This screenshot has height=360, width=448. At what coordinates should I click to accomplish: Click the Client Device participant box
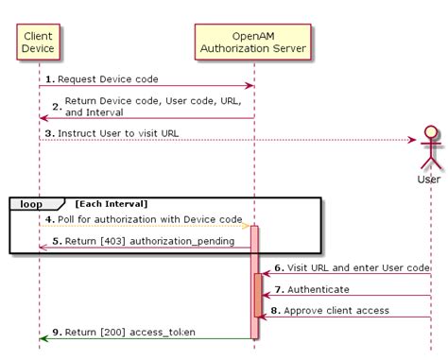(39, 42)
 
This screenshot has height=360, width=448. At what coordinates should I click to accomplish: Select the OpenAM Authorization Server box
(251, 42)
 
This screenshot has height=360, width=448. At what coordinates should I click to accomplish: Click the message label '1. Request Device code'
(101, 78)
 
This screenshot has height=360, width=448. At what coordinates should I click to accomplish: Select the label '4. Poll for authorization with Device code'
(141, 219)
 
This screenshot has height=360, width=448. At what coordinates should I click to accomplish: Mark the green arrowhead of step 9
(43, 337)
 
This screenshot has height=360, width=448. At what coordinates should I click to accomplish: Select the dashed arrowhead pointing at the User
(412, 141)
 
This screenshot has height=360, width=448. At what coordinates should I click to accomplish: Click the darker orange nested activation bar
(258, 295)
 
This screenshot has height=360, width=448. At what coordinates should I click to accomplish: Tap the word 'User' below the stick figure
(429, 179)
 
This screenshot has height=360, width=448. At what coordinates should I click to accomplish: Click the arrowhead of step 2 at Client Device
(43, 118)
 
